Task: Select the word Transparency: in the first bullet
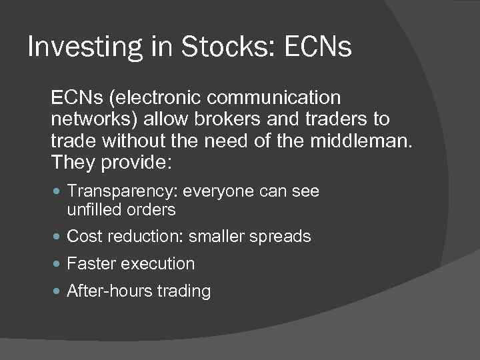(x=122, y=192)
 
